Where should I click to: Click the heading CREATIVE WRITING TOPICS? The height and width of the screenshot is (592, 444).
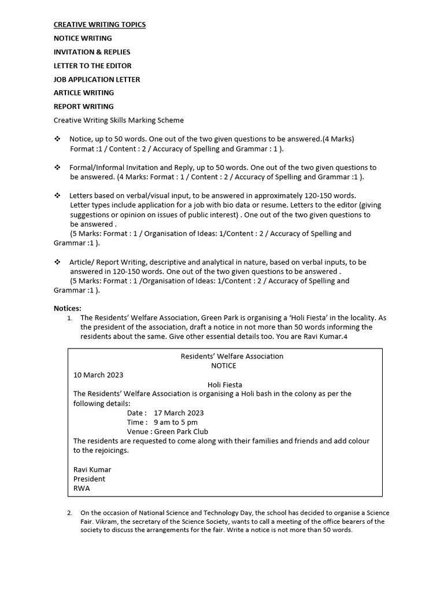coord(99,25)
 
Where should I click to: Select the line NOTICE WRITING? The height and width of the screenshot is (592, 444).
coord(83,38)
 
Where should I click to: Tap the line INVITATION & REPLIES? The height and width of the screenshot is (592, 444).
coord(92,52)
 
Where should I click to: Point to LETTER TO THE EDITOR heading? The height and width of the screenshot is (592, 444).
coord(92,66)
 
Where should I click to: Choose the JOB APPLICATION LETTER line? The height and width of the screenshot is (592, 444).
coord(97,79)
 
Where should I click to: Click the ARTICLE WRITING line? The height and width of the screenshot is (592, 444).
coord(84,92)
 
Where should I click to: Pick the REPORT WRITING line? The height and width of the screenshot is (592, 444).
coord(83,106)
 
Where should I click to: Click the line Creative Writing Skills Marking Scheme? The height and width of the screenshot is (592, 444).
coord(119,120)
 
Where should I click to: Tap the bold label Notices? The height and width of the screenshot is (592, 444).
coord(68,308)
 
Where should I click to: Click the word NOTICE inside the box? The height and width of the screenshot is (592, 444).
coord(224,365)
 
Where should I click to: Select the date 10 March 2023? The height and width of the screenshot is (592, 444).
coord(98,375)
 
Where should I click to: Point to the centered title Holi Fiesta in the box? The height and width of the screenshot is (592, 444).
coord(225,384)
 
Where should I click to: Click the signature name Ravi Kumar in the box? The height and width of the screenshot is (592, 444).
coord(92,469)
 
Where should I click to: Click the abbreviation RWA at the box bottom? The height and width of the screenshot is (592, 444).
coord(82,488)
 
